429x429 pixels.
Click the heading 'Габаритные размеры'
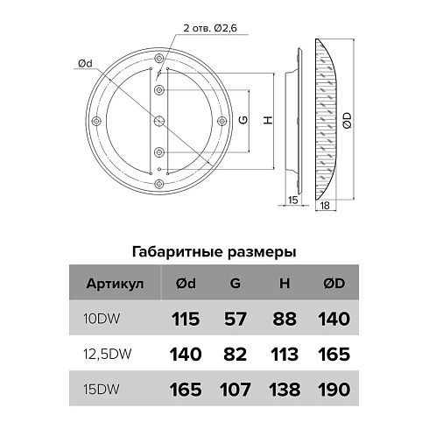pyautogui.click(x=213, y=250)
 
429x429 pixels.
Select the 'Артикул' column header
pyautogui.click(x=110, y=285)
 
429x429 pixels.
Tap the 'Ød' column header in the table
pyautogui.click(x=188, y=285)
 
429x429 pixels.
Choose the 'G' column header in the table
pyautogui.click(x=235, y=285)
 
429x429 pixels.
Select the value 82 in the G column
pyautogui.click(x=235, y=354)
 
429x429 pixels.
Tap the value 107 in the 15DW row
pyautogui.click(x=235, y=388)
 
